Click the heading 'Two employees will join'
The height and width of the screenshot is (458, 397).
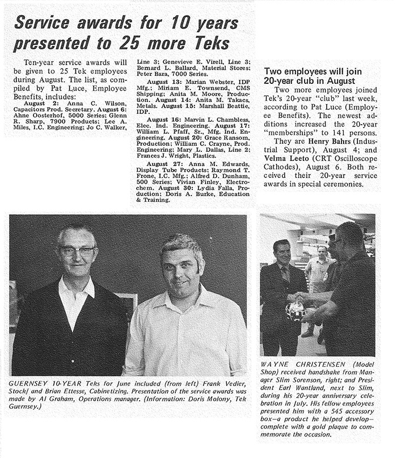(x=313, y=71)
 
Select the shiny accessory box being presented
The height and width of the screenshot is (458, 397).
(x=295, y=310)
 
